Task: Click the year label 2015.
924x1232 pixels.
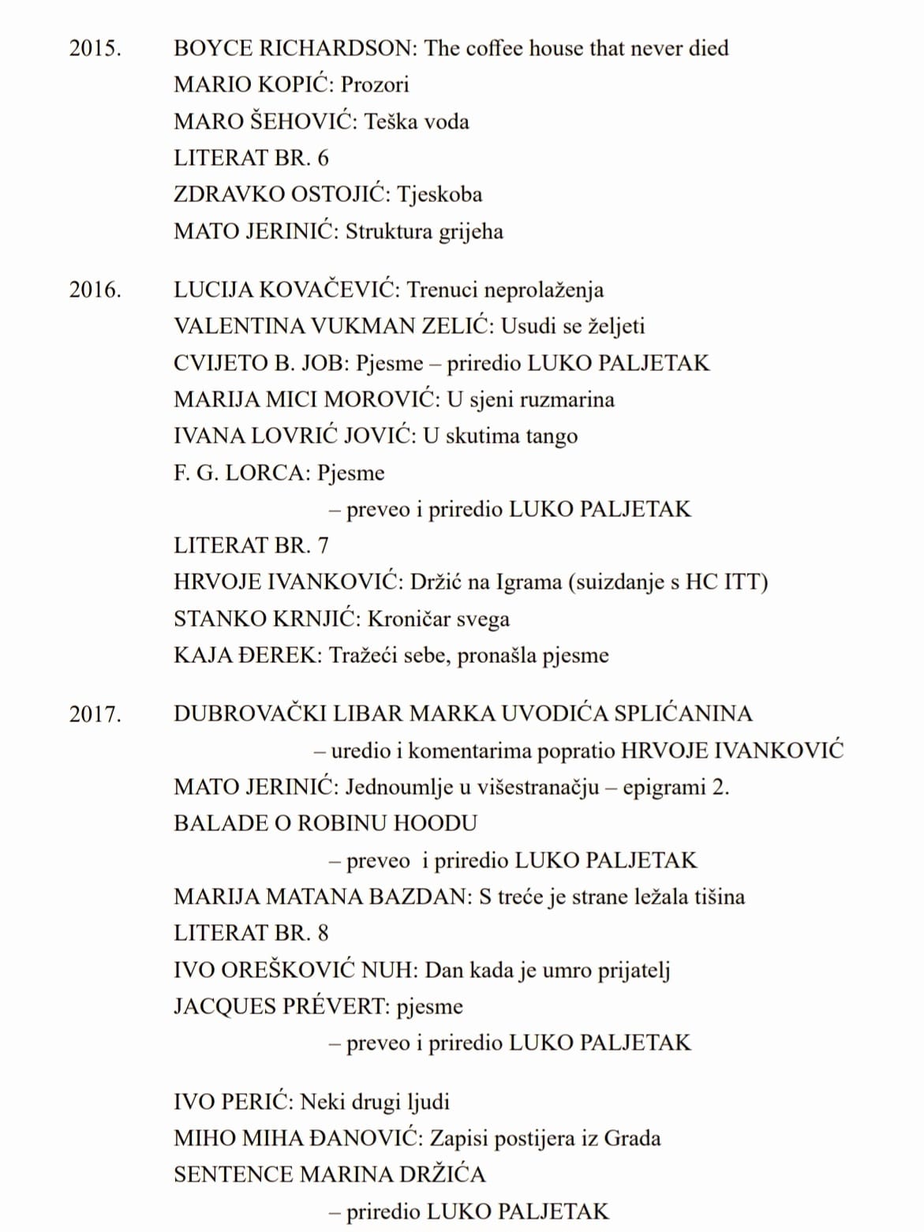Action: (x=95, y=48)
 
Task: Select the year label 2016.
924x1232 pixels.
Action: (x=95, y=290)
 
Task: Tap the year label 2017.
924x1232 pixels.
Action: (x=95, y=714)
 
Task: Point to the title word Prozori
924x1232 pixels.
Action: (x=375, y=85)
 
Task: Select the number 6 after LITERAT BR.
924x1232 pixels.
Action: (x=322, y=158)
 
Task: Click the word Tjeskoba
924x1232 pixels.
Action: (x=440, y=195)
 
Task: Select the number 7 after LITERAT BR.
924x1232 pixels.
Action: (x=322, y=545)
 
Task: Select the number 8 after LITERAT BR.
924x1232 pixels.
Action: (x=322, y=934)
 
